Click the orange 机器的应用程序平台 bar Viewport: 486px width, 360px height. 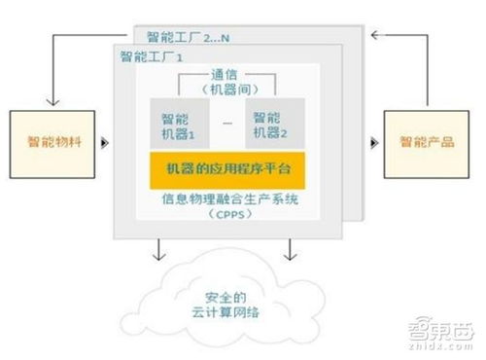(227, 168)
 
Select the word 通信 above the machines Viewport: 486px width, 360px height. (226, 77)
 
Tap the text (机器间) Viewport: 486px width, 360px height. (226, 90)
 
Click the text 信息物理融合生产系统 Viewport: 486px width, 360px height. (227, 200)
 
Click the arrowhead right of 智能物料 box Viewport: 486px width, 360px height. (104, 144)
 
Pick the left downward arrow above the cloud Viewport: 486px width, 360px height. (156, 255)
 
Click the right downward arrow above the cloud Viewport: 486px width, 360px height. (289, 255)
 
